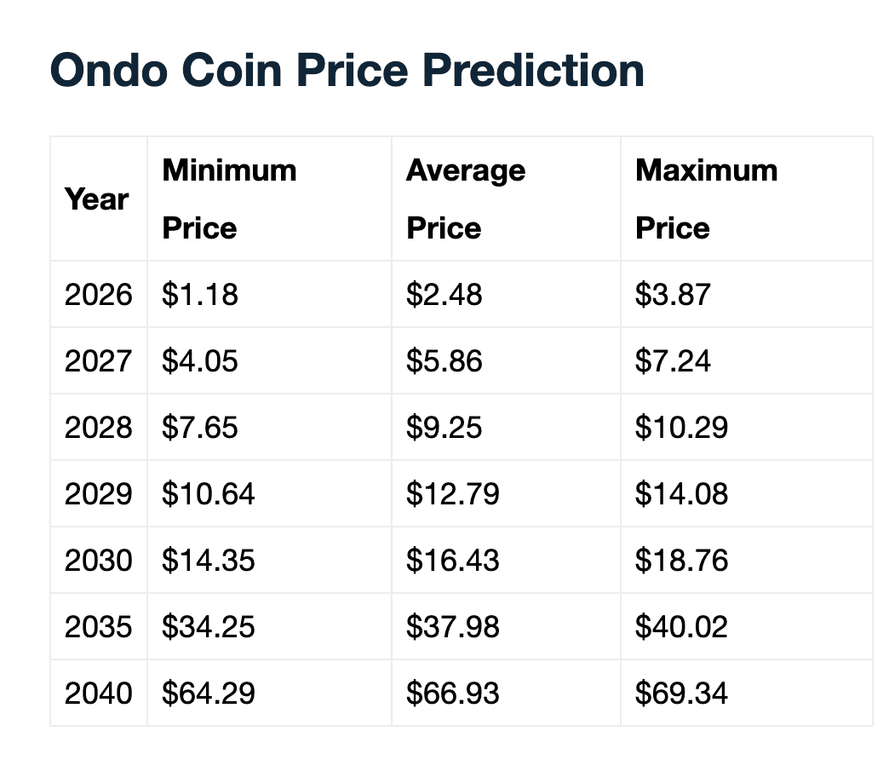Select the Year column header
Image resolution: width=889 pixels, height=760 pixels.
point(96,199)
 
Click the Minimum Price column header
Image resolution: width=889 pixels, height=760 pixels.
point(228,199)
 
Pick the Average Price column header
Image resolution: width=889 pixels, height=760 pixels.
point(465,199)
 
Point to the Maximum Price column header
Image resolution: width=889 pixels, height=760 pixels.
point(706,199)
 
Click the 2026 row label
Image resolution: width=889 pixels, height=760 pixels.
point(98,295)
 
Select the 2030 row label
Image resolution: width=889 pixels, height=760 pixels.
point(98,561)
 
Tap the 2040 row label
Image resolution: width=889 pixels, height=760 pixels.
point(98,694)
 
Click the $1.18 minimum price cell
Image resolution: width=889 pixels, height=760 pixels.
point(200,295)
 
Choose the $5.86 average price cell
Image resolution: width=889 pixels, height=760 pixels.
point(444,361)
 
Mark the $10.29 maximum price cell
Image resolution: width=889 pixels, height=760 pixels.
point(681,428)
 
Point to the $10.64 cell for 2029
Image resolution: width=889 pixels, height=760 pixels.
point(208,494)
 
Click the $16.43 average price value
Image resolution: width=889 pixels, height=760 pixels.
point(452,561)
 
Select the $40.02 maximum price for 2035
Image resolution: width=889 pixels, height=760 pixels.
point(681,627)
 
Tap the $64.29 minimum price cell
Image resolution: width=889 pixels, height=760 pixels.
point(208,694)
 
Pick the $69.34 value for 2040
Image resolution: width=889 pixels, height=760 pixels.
point(681,694)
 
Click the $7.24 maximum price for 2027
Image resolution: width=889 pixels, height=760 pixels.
point(673,361)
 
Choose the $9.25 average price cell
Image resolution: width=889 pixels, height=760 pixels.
point(444,428)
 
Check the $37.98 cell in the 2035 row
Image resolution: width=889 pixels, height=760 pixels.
point(452,627)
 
